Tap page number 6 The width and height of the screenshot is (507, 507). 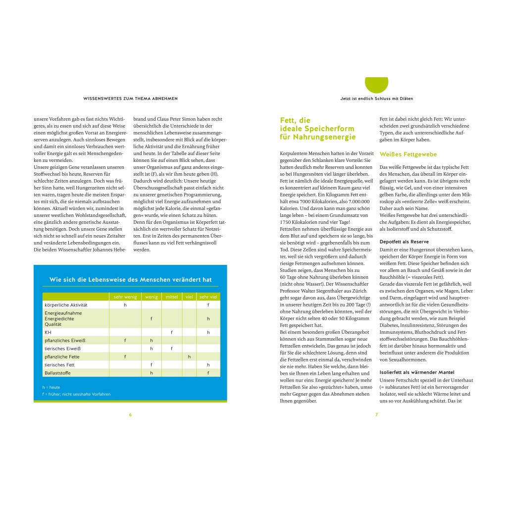pos(130,415)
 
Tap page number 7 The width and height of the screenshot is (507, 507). pos(376,415)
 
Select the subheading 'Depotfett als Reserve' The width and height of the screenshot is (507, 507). pos(404,241)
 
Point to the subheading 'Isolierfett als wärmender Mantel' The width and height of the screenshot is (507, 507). pos(416,372)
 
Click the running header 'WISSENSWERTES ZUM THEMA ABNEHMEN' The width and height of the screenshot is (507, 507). pos(131,99)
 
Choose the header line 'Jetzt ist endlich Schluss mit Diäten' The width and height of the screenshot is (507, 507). pos(376,99)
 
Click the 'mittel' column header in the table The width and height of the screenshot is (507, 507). pos(172,297)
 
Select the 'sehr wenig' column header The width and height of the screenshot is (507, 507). pos(125,297)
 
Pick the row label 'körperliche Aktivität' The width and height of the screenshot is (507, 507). pos(66,305)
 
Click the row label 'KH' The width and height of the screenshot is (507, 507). pos(48,332)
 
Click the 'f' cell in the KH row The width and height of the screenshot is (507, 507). pos(172,332)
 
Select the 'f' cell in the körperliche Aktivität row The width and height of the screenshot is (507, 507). pos(208,305)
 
